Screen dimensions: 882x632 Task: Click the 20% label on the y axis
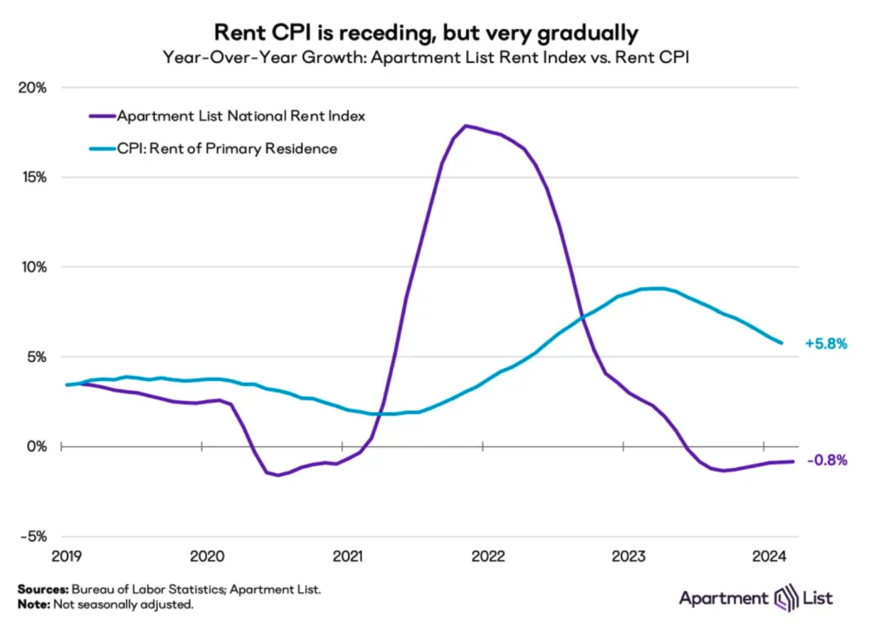tap(32, 88)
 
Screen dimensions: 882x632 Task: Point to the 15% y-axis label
tap(34, 177)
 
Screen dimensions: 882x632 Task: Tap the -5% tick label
tap(33, 537)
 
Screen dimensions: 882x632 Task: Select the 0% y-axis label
tap(37, 447)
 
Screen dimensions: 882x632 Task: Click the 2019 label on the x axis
tap(66, 556)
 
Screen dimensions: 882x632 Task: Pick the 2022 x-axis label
tap(488, 556)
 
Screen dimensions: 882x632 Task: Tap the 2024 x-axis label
tap(769, 556)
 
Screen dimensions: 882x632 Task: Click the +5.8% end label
tap(826, 344)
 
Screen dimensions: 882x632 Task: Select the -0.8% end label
tap(828, 460)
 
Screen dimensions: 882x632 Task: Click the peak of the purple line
tap(465, 126)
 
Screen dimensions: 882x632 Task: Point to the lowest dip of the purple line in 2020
tap(278, 475)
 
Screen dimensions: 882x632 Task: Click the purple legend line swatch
tap(103, 116)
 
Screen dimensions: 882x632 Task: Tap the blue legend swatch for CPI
tap(103, 148)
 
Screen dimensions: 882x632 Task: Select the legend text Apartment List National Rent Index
tap(241, 116)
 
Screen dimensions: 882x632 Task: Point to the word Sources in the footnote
tap(43, 589)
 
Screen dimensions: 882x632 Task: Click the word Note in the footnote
tap(34, 604)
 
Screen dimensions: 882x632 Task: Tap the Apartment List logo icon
tap(786, 598)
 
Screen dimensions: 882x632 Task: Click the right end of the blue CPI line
tap(782, 343)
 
